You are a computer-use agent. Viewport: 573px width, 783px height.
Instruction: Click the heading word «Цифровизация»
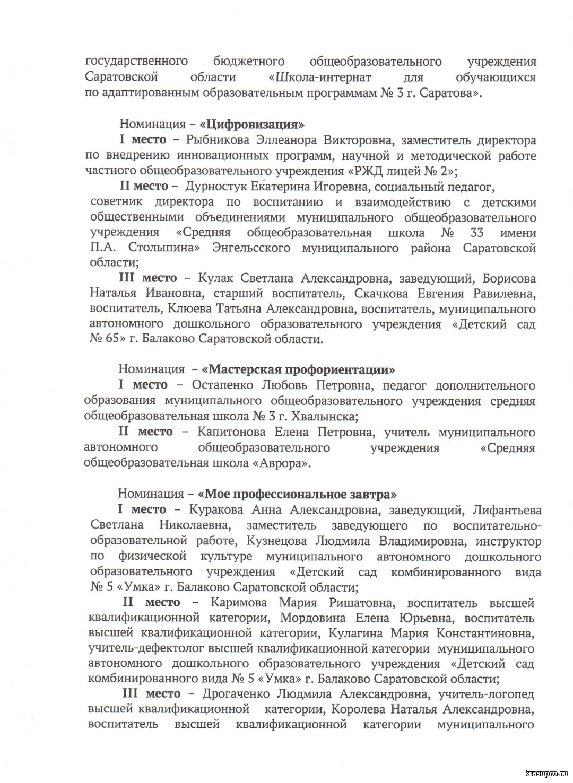[x=252, y=125]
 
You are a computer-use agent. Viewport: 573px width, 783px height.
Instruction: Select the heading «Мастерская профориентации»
[x=299, y=369]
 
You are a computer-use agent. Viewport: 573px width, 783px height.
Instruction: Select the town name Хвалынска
[x=300, y=416]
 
